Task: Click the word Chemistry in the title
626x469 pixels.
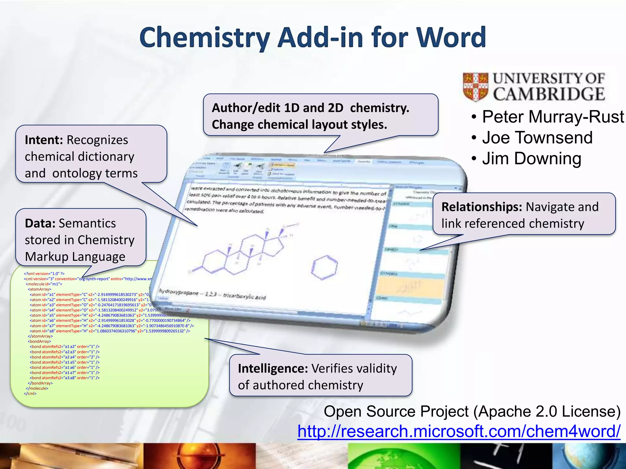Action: click(204, 38)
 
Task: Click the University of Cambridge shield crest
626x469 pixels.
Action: click(475, 87)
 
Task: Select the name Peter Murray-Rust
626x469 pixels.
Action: click(553, 117)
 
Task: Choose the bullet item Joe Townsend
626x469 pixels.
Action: click(537, 137)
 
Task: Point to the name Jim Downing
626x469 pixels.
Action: click(531, 158)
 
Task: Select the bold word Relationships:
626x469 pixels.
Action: click(482, 207)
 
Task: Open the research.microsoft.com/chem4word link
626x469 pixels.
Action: click(458, 431)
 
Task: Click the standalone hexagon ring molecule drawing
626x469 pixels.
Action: click(324, 267)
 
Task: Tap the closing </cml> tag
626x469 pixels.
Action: click(30, 394)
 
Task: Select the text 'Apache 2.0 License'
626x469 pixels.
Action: click(547, 411)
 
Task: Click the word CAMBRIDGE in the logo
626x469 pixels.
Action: click(549, 94)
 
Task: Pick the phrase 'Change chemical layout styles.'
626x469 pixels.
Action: click(299, 125)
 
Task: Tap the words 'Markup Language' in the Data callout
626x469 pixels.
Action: click(75, 256)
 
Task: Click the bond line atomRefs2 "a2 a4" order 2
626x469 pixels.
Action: click(64, 357)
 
